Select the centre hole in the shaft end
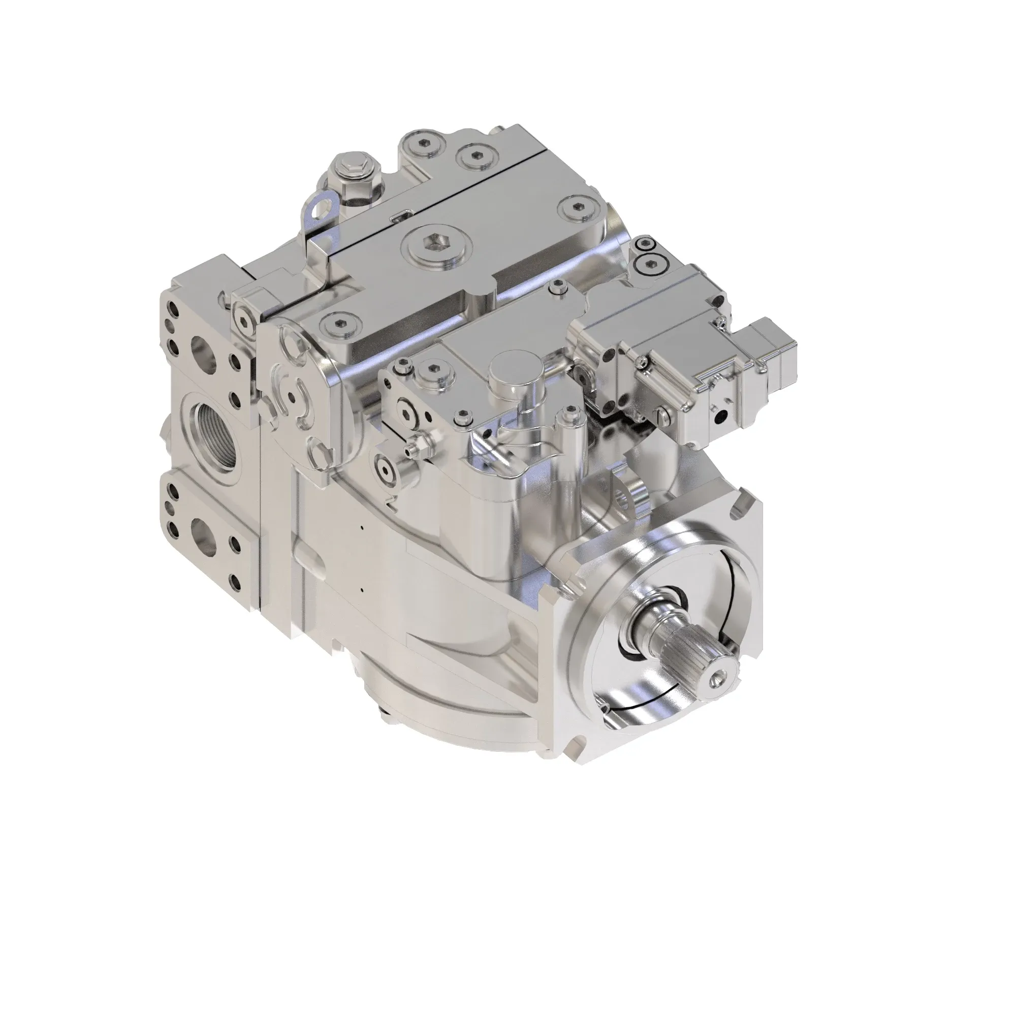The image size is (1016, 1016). click(x=720, y=682)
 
